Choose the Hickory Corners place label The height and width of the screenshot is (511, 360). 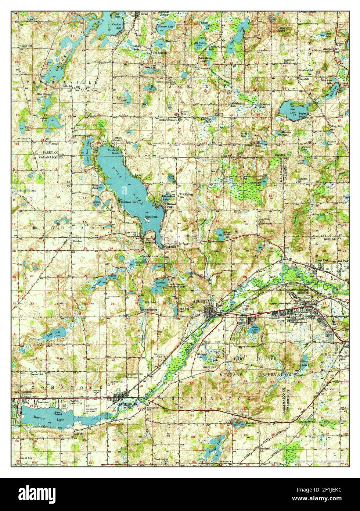(168, 120)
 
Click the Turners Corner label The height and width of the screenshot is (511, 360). (116, 140)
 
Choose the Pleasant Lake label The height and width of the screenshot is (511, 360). (165, 26)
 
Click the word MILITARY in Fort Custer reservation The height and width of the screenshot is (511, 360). (231, 374)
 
